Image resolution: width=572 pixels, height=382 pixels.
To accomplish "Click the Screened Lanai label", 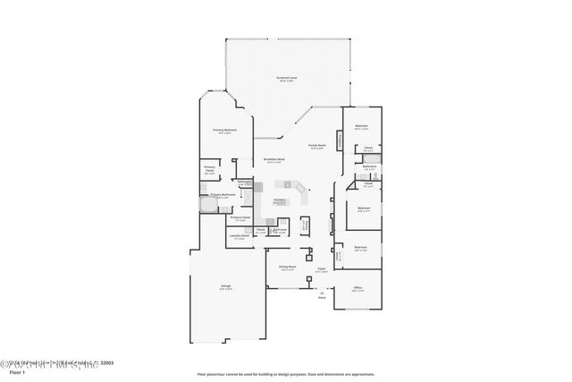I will coord(286,79).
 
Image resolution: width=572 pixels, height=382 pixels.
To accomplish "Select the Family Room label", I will coord(317,146).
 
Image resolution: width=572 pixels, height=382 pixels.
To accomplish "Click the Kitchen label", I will coord(279,201).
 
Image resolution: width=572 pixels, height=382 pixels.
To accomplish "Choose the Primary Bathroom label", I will coord(223,195).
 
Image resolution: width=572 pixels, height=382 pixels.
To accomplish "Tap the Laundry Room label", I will coord(240,237).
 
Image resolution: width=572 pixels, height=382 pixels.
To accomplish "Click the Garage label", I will coord(226,287).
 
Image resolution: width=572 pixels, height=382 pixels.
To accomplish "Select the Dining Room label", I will coord(287,267).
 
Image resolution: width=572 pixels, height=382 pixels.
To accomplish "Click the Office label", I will coord(357,287).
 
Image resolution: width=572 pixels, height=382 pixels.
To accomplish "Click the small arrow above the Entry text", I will coord(310,291).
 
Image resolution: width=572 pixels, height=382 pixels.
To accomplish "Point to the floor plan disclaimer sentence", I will coord(286,374).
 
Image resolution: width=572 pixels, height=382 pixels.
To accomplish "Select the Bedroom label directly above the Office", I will coord(360,248).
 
